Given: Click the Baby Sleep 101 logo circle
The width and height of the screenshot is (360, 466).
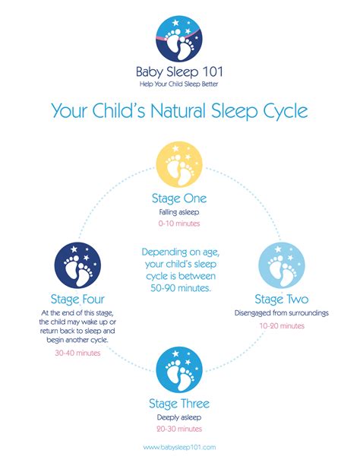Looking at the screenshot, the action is (x=179, y=39).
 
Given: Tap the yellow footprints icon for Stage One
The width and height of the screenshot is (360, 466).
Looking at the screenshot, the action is (x=179, y=164).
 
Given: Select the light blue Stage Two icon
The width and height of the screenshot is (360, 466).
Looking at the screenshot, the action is (x=282, y=265).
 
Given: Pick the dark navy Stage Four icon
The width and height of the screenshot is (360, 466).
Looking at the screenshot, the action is (x=77, y=265).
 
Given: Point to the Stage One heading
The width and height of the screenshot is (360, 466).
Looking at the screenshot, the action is (x=179, y=198).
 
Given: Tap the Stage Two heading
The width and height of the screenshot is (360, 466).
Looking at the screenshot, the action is (x=282, y=300).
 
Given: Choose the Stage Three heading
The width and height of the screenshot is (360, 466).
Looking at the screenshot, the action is (x=179, y=404).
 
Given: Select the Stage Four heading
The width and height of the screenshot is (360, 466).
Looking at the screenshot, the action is (x=77, y=299).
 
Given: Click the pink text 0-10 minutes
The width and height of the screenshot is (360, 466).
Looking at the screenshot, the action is (x=179, y=223).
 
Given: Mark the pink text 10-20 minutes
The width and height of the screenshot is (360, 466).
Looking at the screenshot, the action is (x=282, y=325).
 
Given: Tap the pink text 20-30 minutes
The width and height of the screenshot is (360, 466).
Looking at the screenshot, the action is (x=179, y=429).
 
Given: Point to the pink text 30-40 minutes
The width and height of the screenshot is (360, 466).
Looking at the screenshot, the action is (x=77, y=353).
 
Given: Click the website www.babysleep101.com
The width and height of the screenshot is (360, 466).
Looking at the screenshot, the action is (x=179, y=447).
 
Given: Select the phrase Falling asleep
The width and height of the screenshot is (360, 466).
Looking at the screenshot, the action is (x=179, y=212).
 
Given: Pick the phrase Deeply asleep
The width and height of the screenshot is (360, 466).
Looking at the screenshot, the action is (x=179, y=417).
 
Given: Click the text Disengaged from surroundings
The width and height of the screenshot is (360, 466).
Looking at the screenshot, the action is (x=282, y=313).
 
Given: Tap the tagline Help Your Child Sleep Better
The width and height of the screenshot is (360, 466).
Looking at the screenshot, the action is (x=178, y=84).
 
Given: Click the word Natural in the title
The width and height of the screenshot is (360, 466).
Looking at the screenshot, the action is (x=178, y=110).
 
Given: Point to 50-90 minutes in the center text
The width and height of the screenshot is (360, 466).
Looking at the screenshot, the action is (x=181, y=288).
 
